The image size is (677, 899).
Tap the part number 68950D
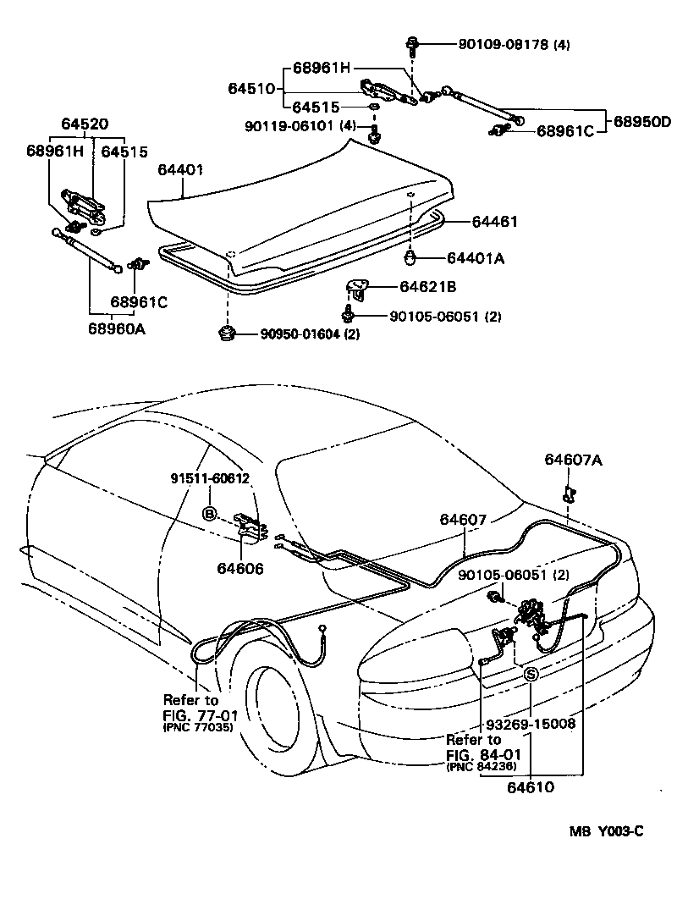641,121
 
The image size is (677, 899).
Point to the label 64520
84,124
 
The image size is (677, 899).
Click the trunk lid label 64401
179,170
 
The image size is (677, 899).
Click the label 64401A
475,258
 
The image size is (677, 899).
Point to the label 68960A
116,328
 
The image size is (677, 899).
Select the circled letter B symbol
208,513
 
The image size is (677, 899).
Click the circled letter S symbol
531,674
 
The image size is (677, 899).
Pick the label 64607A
573,460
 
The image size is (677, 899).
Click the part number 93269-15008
531,724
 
